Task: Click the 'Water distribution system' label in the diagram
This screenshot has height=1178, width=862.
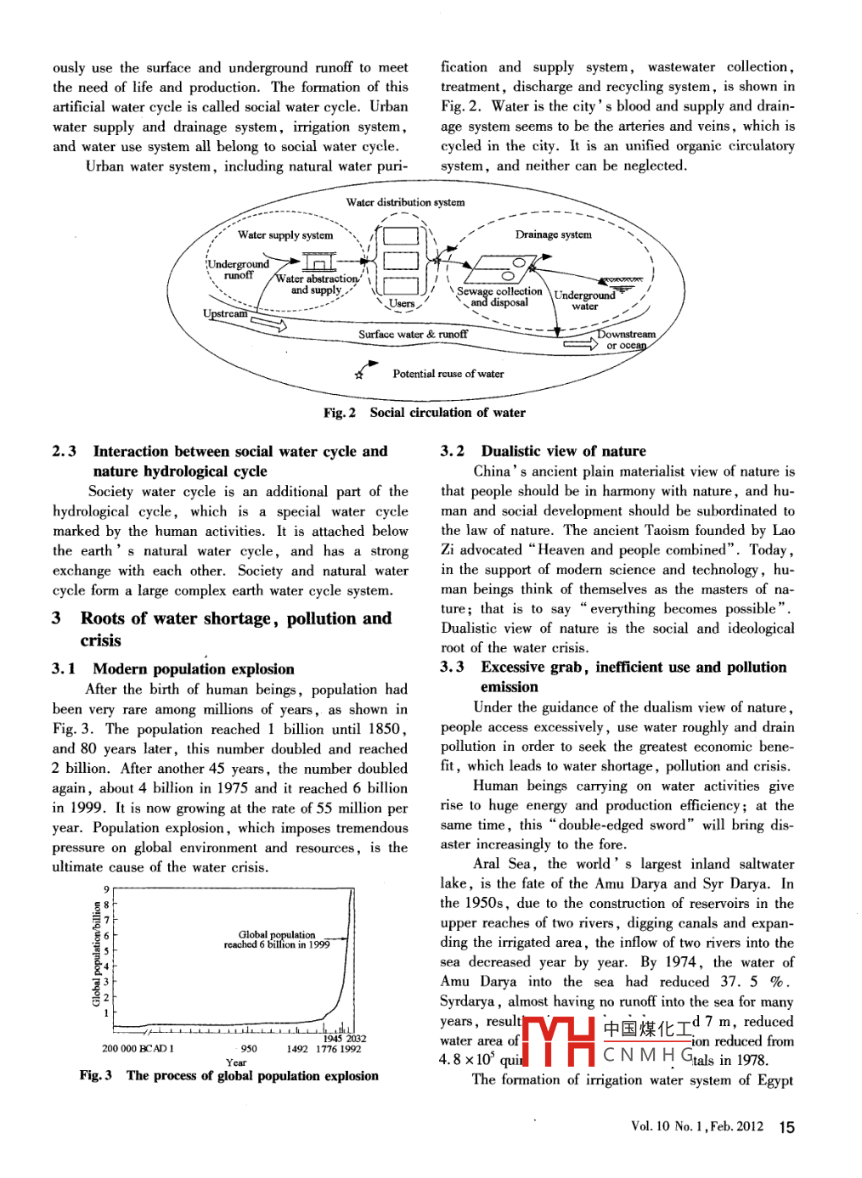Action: click(405, 202)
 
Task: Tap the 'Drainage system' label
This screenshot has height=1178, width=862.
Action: click(553, 234)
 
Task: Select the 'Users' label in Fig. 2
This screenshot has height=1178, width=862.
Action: click(402, 303)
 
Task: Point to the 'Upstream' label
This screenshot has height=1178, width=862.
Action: click(225, 313)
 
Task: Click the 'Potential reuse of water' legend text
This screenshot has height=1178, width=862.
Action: click(448, 374)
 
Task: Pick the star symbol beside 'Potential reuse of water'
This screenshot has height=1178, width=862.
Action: click(359, 374)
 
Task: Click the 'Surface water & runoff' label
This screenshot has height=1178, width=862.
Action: click(413, 335)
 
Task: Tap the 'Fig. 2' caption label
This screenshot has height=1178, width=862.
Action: click(339, 413)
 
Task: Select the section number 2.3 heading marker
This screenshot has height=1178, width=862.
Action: click(64, 451)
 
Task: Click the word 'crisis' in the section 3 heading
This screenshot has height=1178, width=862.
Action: click(100, 640)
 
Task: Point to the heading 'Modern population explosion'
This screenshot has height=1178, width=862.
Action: click(194, 669)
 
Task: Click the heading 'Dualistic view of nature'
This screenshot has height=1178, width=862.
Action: click(563, 451)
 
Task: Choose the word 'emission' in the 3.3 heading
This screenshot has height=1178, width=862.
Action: click(509, 687)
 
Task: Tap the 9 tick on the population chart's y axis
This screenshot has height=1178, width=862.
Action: click(106, 890)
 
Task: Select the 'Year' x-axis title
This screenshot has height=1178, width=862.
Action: click(236, 1062)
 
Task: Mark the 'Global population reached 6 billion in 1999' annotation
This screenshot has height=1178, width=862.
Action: click(277, 939)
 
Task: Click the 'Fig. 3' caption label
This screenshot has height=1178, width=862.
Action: click(95, 1076)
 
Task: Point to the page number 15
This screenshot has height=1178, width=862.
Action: click(787, 1127)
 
